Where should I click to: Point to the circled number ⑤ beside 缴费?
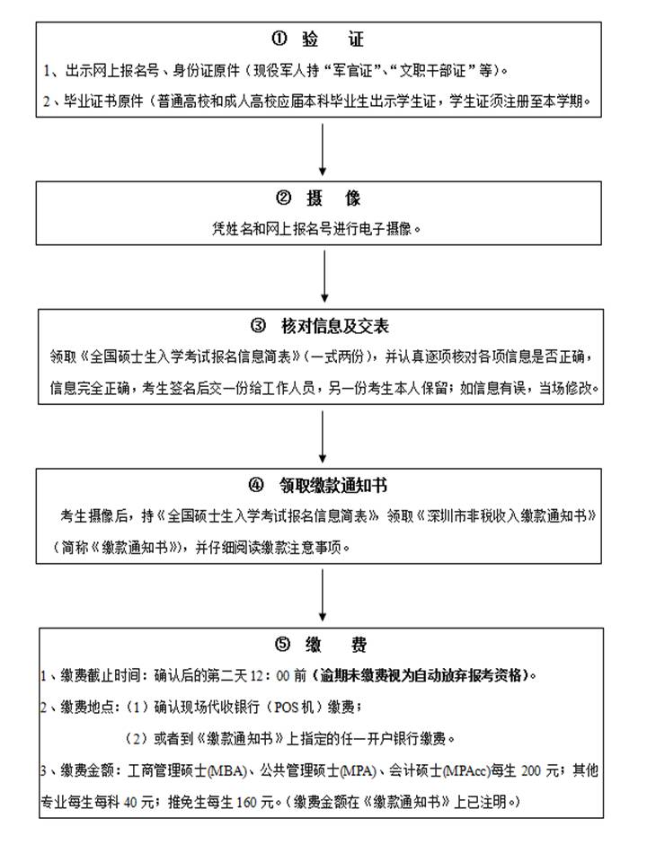click(282, 645)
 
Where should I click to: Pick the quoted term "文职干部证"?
click(438, 70)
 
